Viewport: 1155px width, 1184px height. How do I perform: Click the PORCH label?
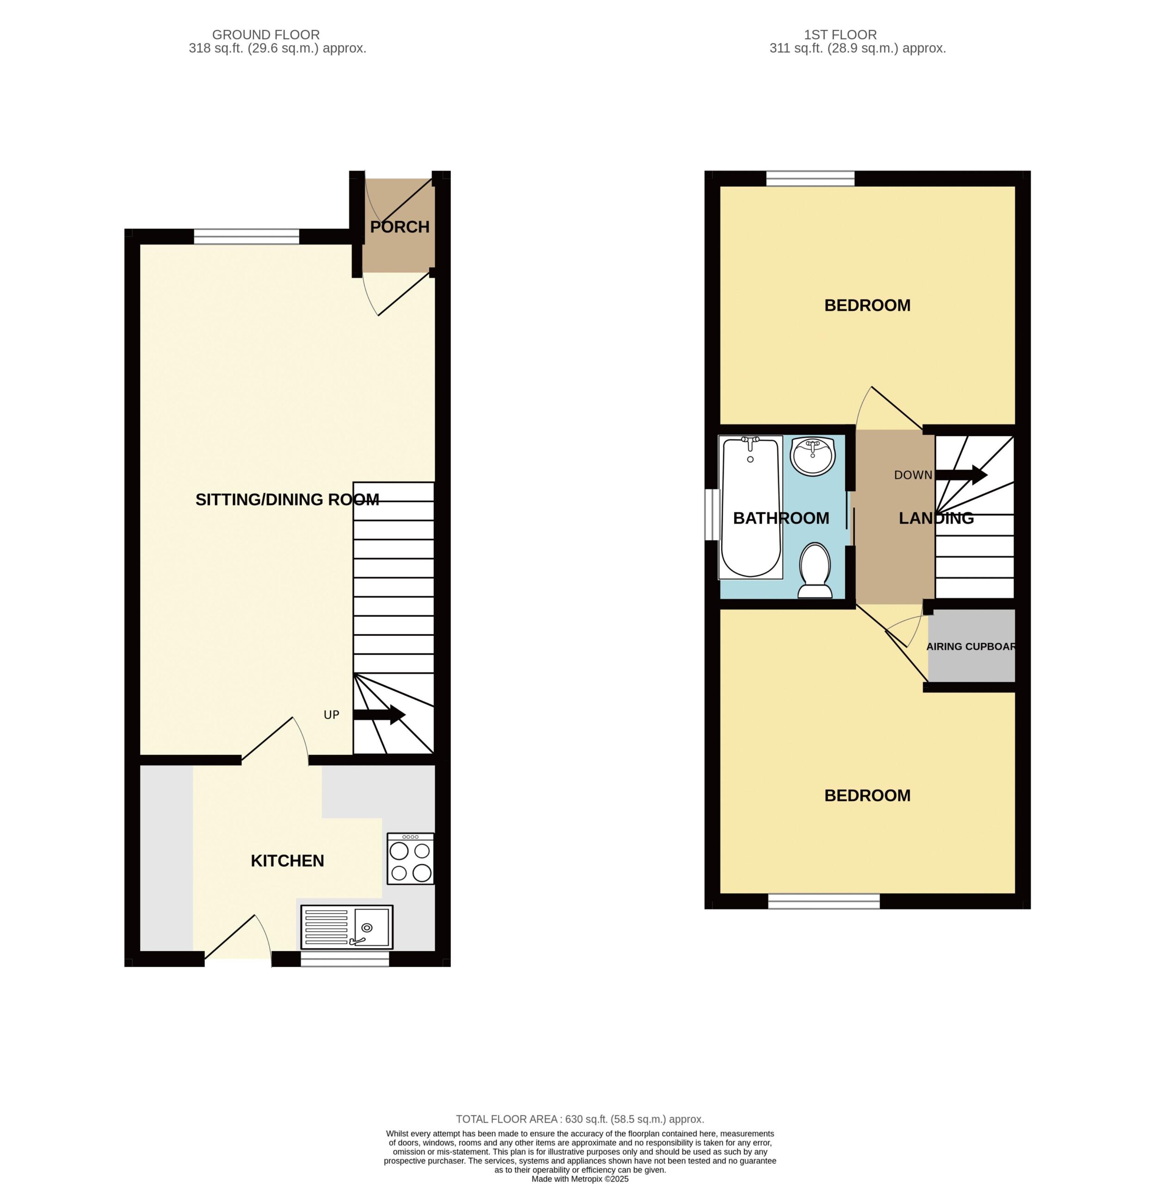400,227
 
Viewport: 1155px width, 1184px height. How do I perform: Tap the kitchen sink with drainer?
347,927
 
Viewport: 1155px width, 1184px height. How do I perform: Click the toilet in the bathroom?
815,570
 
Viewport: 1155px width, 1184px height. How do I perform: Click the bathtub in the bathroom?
750,507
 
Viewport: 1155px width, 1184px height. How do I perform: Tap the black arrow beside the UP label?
379,714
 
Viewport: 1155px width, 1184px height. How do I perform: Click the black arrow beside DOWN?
961,475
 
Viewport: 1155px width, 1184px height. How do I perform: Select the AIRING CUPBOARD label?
971,646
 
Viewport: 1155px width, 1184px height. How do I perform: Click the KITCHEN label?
288,861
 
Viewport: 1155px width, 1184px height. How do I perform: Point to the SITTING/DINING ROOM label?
287,499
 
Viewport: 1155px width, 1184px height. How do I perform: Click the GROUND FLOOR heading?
266,35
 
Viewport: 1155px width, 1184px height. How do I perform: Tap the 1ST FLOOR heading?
840,35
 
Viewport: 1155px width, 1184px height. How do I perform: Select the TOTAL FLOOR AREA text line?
580,1119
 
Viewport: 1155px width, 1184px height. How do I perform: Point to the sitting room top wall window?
246,237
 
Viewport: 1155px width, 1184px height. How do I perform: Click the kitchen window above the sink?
344,959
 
